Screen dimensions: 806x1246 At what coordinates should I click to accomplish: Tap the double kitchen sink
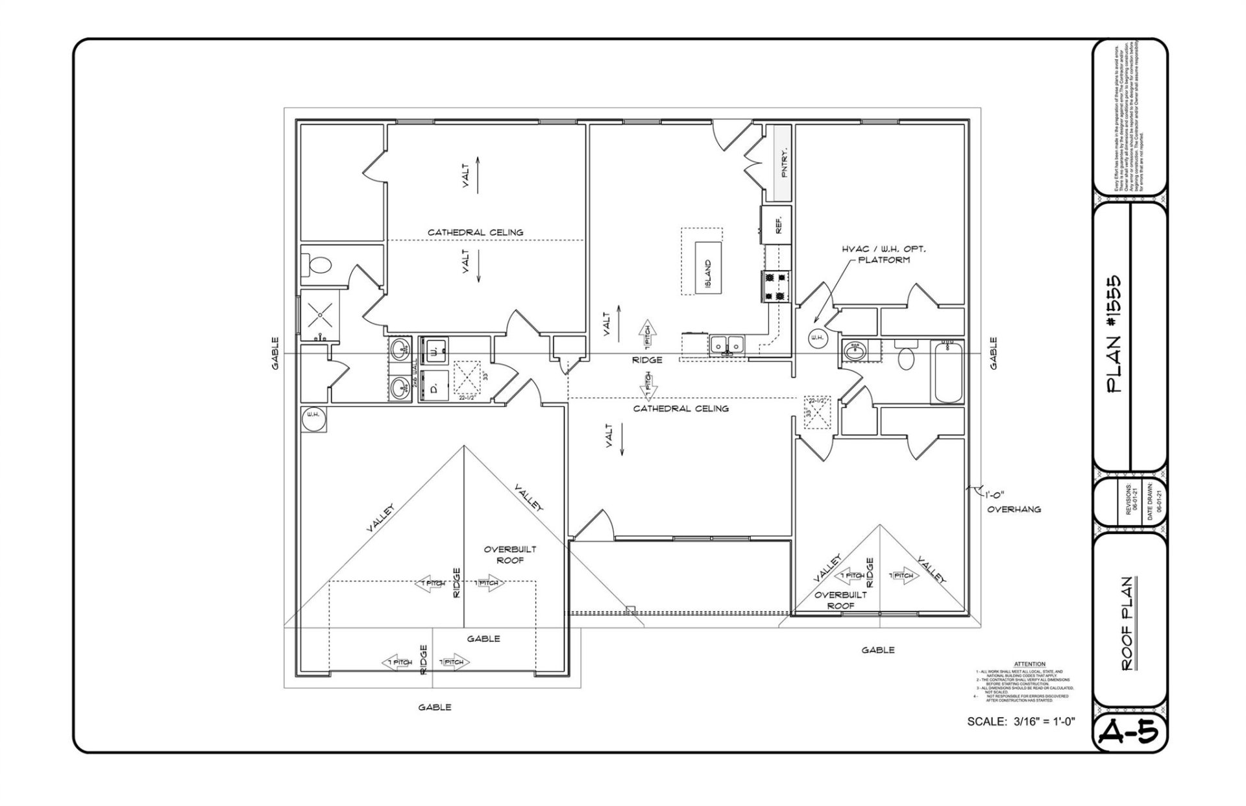(x=728, y=345)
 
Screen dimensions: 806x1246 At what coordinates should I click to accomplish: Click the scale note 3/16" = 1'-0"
(x=1021, y=721)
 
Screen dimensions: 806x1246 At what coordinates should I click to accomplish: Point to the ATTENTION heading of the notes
(x=1029, y=664)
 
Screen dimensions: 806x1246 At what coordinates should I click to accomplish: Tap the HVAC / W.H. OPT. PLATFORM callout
(x=883, y=254)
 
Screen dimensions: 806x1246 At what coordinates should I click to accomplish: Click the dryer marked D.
(x=433, y=387)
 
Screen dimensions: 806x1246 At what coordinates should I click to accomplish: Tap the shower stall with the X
(x=319, y=315)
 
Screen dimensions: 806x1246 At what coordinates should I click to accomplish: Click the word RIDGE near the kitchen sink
(x=647, y=360)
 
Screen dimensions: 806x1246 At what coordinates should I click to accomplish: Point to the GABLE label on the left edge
(x=275, y=353)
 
